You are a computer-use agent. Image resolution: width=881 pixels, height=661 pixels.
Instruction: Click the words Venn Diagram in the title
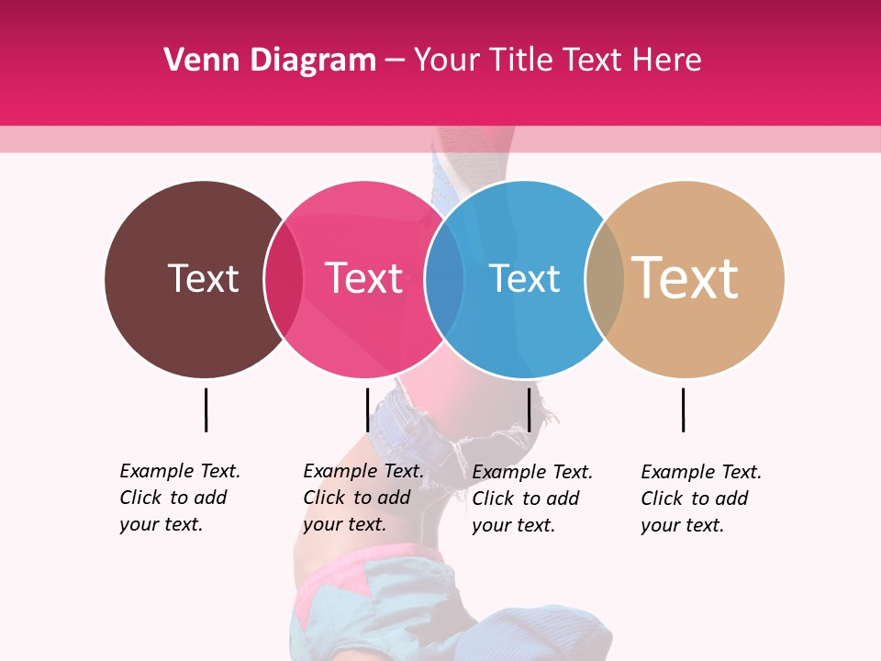(270, 61)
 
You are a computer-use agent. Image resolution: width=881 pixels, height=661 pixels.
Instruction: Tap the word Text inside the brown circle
(203, 278)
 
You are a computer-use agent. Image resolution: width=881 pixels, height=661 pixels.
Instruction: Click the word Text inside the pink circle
(364, 278)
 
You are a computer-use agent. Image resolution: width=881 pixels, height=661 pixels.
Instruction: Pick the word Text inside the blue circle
(524, 278)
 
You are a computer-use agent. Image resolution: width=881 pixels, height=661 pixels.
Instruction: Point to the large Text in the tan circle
(686, 277)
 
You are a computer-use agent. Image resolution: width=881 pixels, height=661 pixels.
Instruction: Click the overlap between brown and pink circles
(284, 279)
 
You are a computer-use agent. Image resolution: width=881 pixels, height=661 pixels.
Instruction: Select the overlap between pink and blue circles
(444, 279)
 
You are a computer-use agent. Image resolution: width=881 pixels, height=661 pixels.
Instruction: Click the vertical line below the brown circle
(206, 409)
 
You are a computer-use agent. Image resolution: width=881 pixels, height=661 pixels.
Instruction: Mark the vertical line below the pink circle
(367, 409)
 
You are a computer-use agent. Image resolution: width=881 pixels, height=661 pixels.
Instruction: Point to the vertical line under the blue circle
(529, 409)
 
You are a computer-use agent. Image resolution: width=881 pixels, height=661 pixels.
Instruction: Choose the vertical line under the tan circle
(683, 409)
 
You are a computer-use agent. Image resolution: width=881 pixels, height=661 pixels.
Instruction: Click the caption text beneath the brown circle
(179, 498)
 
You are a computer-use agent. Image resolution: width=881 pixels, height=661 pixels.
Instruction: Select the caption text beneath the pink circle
(362, 498)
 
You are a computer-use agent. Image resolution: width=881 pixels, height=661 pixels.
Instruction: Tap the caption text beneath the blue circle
(531, 499)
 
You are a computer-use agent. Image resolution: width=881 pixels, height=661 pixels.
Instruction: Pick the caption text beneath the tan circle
(700, 499)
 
